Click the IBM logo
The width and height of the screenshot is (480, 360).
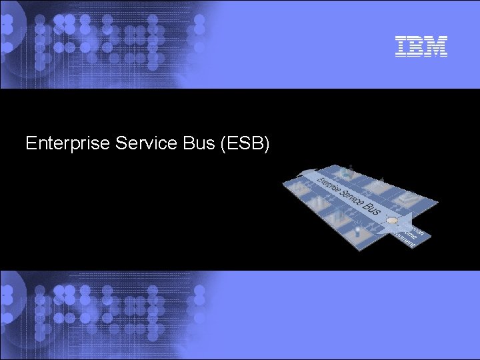(x=421, y=46)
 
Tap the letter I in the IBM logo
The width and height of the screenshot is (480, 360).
(x=401, y=46)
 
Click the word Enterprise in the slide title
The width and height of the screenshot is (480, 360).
(x=67, y=143)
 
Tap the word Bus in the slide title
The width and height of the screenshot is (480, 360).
(x=194, y=143)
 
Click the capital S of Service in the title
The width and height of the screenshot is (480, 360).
(x=121, y=143)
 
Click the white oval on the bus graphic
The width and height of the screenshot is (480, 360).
(x=393, y=221)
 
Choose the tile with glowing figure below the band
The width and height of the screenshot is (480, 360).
(x=357, y=231)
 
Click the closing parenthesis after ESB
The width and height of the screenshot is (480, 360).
(x=266, y=143)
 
